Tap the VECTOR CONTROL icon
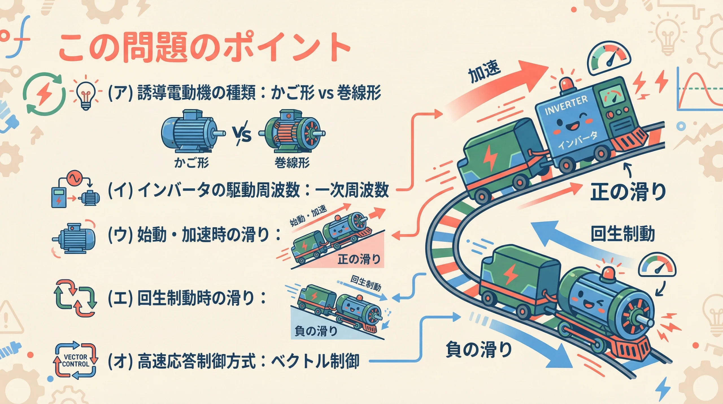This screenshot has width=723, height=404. (75, 360)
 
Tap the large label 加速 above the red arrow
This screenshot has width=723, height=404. (484, 72)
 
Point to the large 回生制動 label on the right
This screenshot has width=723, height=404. (623, 234)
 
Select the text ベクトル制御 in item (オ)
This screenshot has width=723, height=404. (315, 361)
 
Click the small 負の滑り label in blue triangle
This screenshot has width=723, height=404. (316, 330)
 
